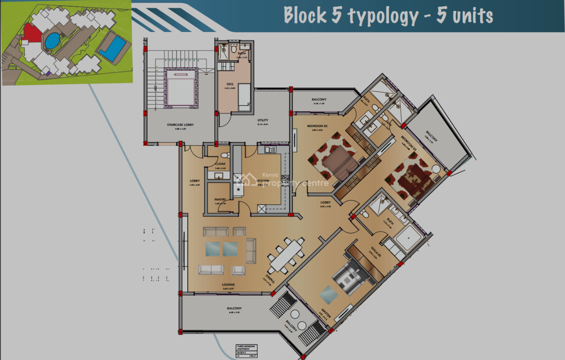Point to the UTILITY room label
click(263, 120)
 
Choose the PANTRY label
click(220, 200)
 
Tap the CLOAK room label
click(220, 164)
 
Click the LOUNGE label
click(228, 285)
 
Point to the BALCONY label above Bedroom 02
click(319, 100)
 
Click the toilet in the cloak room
click(225, 155)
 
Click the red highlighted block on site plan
click(31, 34)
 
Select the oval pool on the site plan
click(52, 40)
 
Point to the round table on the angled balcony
click(295, 315)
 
